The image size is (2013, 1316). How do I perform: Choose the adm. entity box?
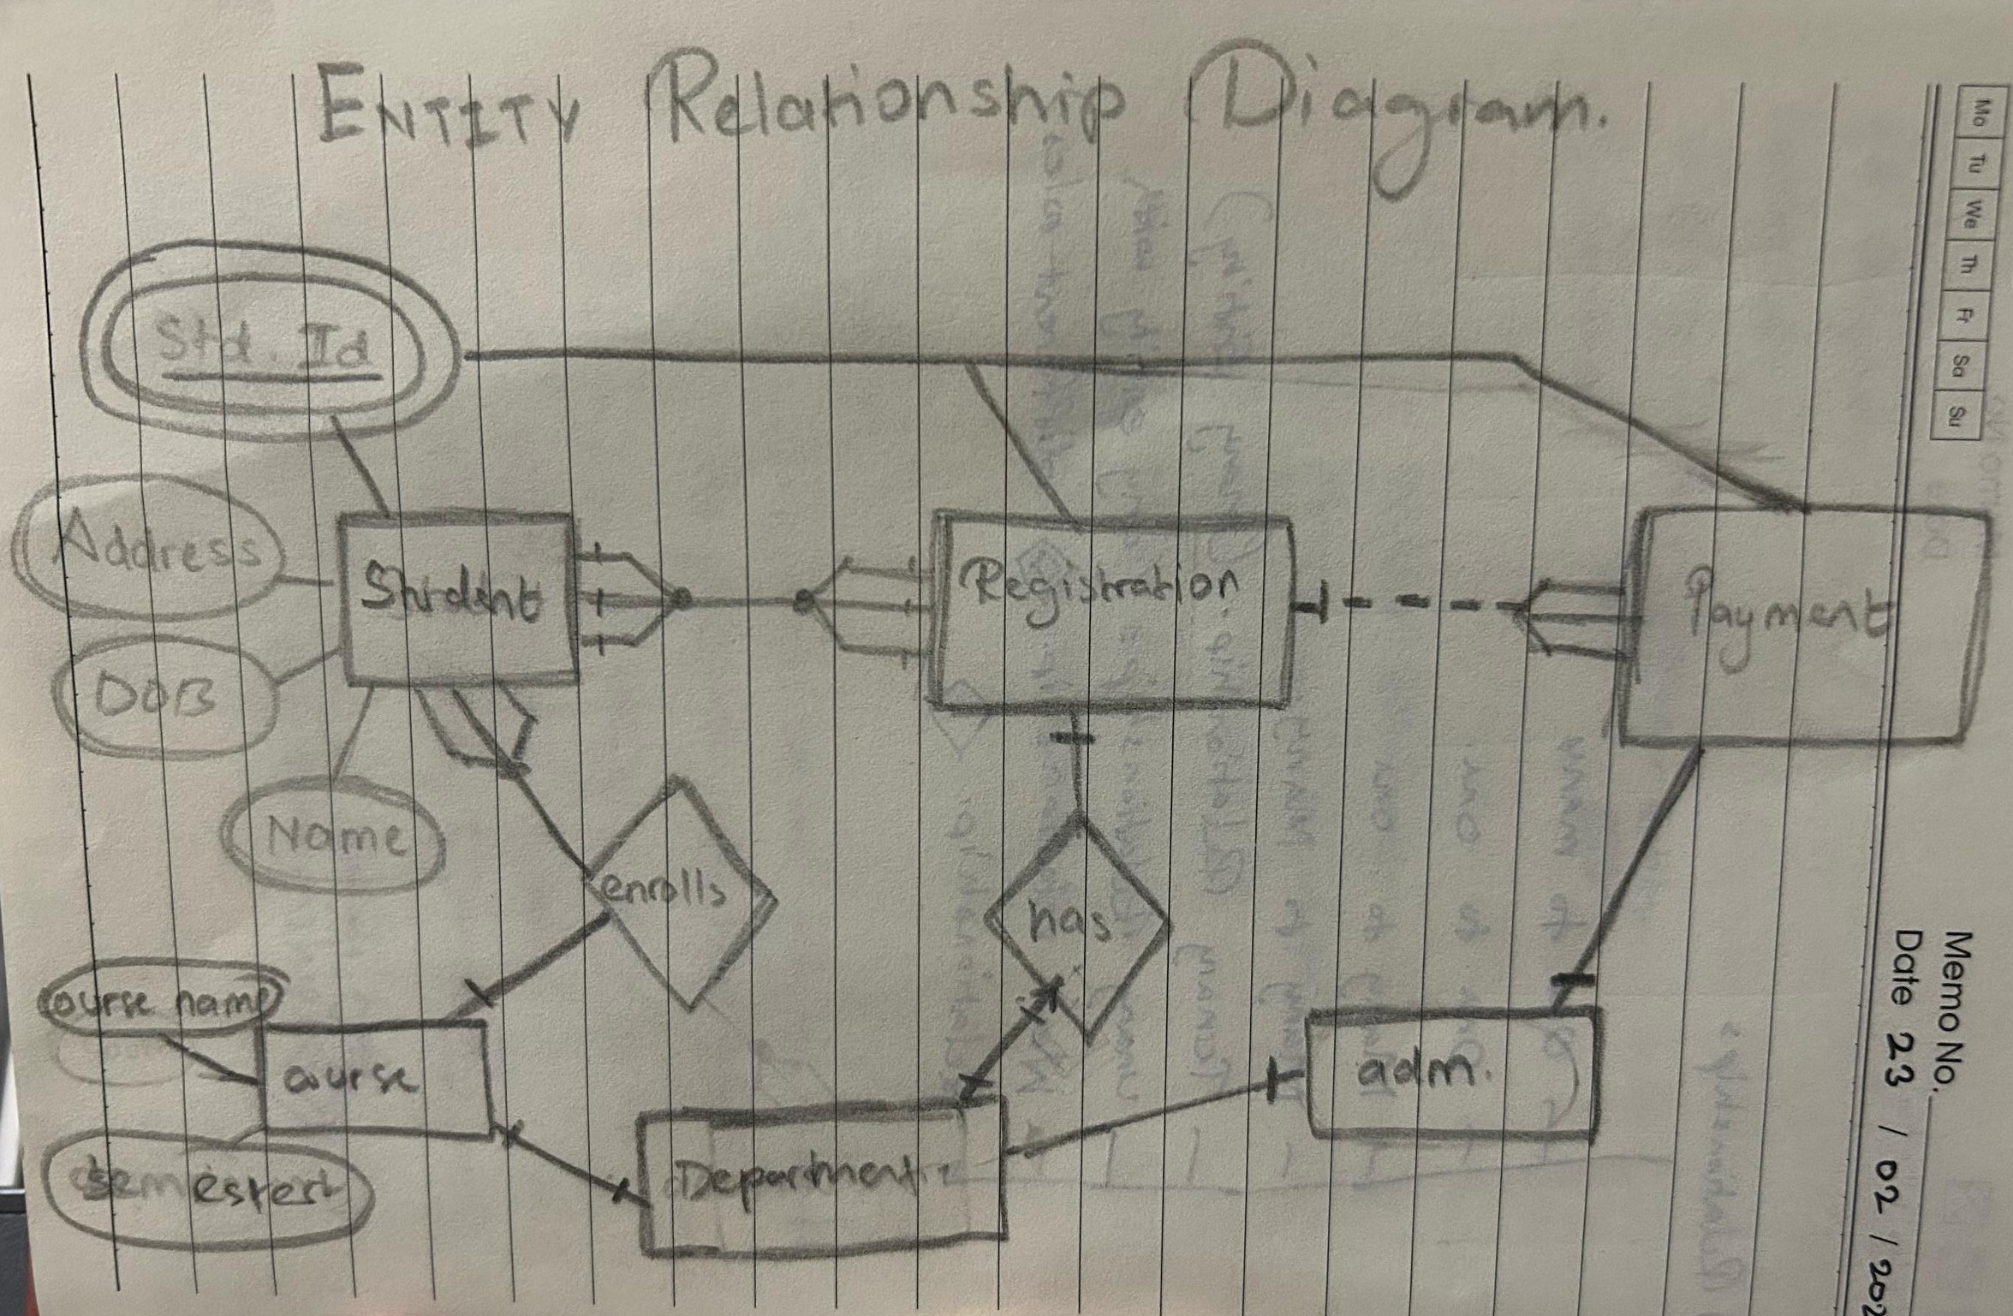point(1452,1075)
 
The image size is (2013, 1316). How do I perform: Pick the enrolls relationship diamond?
point(676,892)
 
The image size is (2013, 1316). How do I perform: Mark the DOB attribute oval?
point(163,698)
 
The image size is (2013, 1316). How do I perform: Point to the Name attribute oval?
point(334,835)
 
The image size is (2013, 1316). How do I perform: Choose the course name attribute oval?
point(161,999)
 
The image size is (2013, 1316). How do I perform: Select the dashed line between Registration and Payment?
point(1421,604)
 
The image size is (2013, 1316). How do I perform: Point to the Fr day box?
point(1961,315)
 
